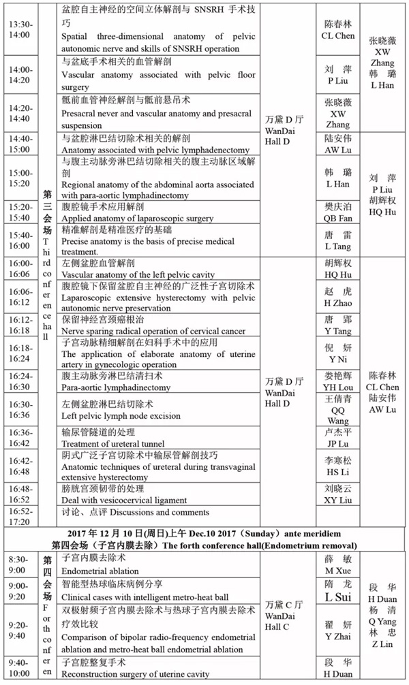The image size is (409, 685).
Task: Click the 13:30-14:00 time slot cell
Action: pyautogui.click(x=19, y=28)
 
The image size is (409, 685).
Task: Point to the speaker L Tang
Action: pyautogui.click(x=339, y=246)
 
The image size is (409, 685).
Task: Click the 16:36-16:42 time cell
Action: pyautogui.click(x=20, y=437)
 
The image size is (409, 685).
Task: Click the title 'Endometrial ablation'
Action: pyautogui.click(x=100, y=572)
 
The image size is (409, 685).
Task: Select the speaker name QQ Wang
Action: pyautogui.click(x=339, y=416)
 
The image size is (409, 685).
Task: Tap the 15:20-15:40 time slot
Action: pyautogui.click(x=20, y=212)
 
